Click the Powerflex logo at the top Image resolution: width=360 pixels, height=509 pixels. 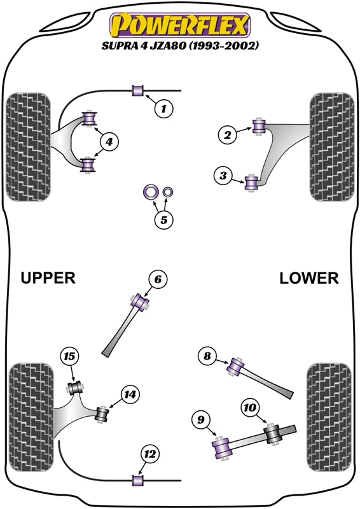[x=180, y=25]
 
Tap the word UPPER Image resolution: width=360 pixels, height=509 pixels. [x=48, y=278]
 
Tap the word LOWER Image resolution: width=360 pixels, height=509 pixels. [x=308, y=279]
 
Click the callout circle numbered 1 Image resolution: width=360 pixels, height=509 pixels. [x=163, y=108]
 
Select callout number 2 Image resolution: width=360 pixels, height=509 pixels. [x=227, y=134]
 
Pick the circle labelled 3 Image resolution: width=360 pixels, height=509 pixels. [x=223, y=176]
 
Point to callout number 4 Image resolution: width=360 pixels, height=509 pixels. [x=109, y=142]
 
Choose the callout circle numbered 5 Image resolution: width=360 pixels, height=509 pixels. [x=164, y=220]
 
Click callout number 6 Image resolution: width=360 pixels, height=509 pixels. [x=158, y=279]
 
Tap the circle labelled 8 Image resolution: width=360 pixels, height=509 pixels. [x=207, y=356]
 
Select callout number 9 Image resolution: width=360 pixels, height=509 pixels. [x=201, y=420]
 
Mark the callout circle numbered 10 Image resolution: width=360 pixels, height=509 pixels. [x=250, y=407]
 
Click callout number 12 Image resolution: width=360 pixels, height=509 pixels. [x=150, y=454]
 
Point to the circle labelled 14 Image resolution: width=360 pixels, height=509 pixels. [x=130, y=394]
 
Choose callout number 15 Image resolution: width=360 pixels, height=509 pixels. [x=69, y=356]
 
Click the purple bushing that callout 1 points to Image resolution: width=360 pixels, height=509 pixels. [x=138, y=90]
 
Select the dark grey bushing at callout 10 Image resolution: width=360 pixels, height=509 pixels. [x=272, y=434]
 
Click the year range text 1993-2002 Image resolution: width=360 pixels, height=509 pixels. [x=224, y=45]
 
